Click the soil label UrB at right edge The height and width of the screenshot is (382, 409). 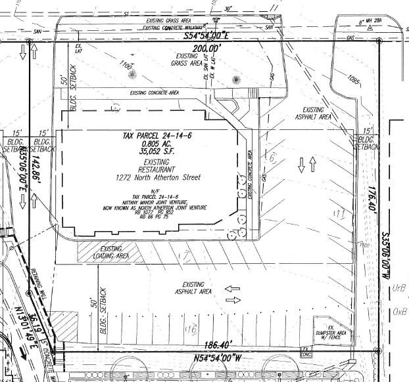(x=398, y=287)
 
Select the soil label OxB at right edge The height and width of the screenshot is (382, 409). (x=398, y=311)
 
